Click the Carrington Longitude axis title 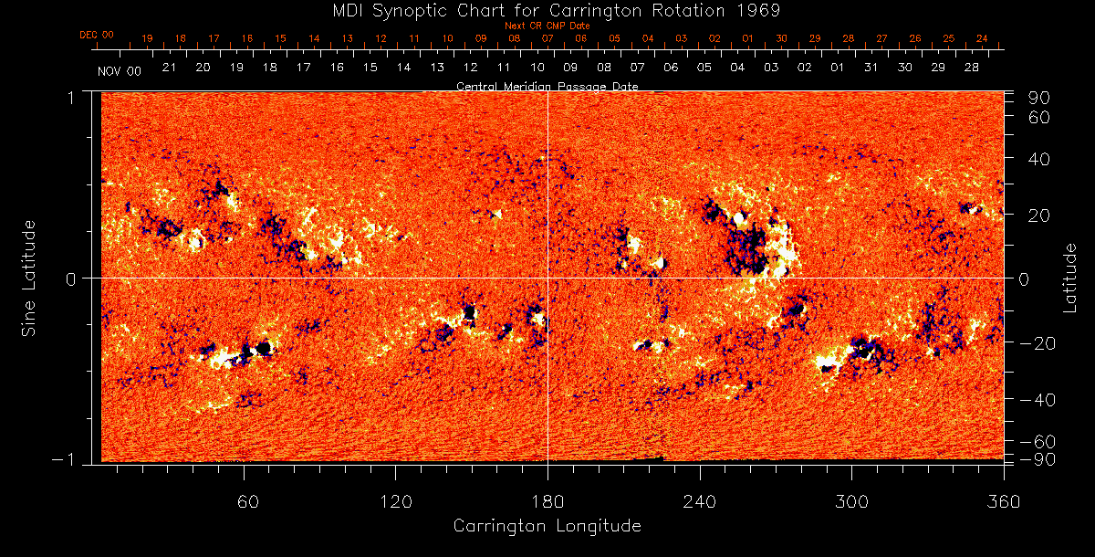tap(547, 526)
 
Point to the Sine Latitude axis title tap(29, 278)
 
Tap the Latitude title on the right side tap(1071, 278)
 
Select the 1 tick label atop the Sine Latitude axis tap(71, 96)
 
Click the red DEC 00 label tap(97, 35)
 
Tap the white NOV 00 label tap(120, 69)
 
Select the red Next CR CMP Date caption tap(547, 26)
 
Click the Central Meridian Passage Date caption tap(547, 86)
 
